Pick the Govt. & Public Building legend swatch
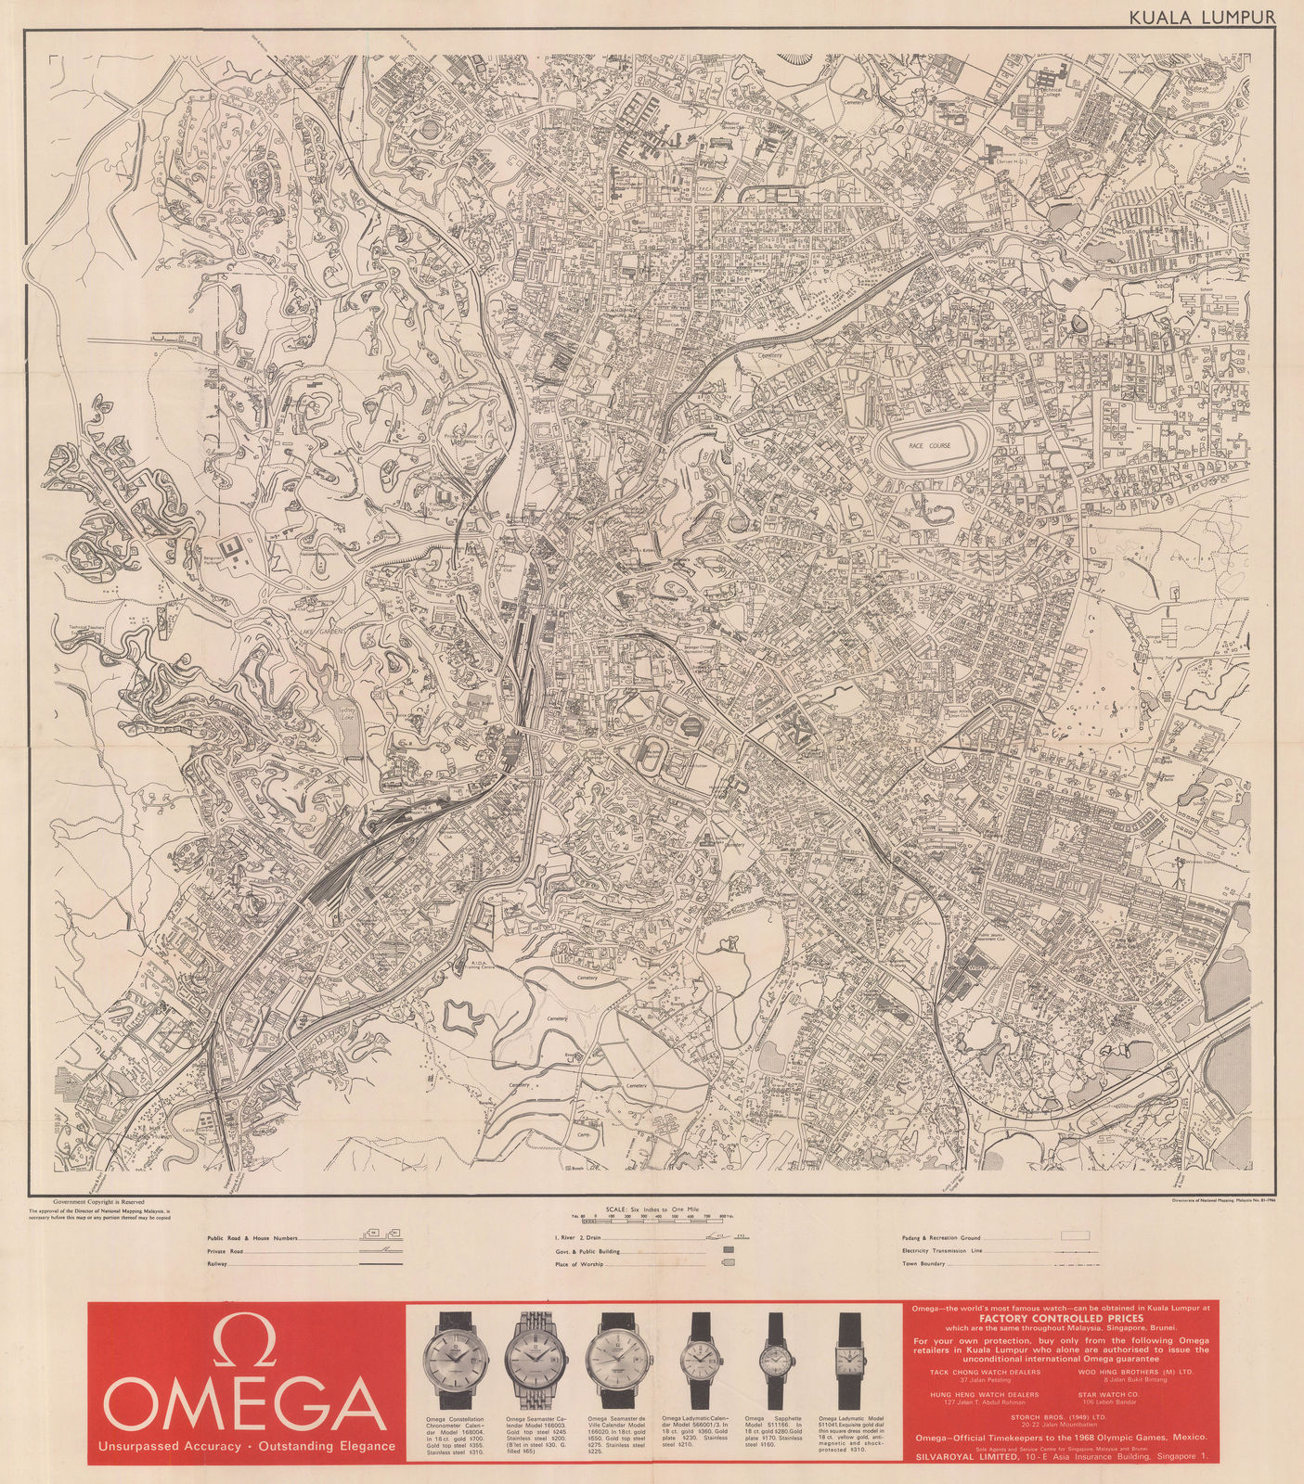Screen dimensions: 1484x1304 click(728, 1250)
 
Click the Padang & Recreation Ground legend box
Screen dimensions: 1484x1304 click(1076, 1235)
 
